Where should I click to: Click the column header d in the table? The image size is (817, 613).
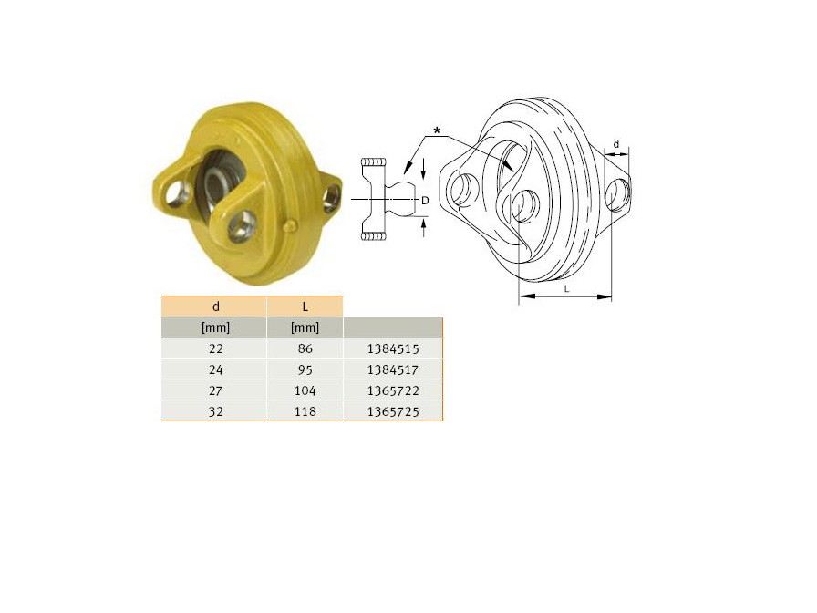click(x=216, y=306)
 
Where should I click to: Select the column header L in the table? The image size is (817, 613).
click(x=305, y=306)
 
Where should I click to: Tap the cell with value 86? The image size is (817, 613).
click(x=305, y=348)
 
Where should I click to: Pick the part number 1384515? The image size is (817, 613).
click(x=393, y=348)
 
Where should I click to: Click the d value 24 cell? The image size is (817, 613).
click(x=216, y=369)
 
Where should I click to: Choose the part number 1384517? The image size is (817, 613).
click(x=393, y=369)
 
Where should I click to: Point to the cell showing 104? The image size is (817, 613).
click(x=305, y=390)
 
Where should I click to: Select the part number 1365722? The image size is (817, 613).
click(x=393, y=390)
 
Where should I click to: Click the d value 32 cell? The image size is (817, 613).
click(x=216, y=411)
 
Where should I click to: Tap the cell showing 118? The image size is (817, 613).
click(x=305, y=411)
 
